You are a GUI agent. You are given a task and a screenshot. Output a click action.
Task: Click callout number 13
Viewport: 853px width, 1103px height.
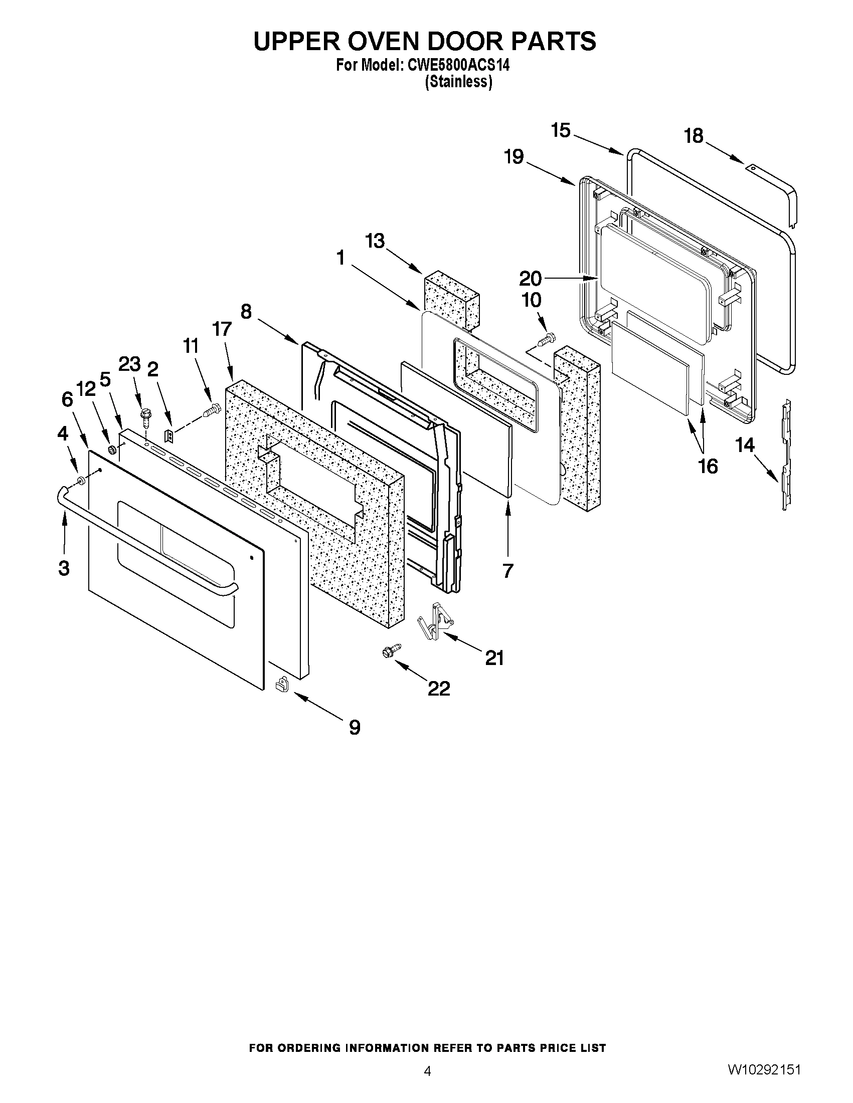(x=375, y=242)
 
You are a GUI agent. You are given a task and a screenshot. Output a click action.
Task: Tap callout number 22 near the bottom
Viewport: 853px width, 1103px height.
(x=439, y=689)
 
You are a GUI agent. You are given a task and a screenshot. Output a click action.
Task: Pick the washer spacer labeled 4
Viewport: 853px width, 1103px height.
(x=80, y=479)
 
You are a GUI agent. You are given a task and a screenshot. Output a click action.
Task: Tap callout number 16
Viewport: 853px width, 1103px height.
(x=708, y=466)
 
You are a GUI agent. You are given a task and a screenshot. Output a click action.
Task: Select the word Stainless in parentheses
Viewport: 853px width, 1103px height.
(x=458, y=82)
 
